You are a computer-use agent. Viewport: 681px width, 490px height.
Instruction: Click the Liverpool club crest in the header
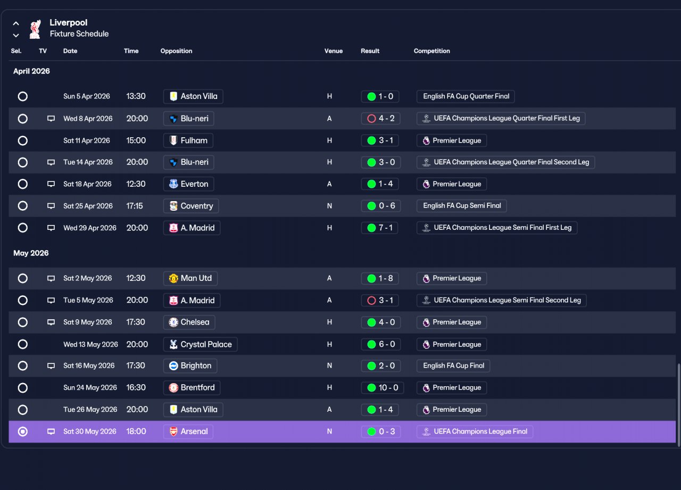[35, 29]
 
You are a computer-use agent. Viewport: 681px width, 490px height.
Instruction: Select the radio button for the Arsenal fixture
[22, 431]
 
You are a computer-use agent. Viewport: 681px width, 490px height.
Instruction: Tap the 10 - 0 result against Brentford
[383, 387]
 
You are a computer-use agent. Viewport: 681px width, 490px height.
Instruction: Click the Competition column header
[431, 51]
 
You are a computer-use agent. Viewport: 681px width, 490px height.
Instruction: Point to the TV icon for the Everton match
[51, 184]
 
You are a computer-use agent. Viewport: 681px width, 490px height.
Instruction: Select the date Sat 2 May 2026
[88, 278]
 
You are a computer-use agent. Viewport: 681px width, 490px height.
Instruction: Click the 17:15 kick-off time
[135, 206]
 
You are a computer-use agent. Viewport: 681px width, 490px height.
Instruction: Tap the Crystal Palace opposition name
[206, 344]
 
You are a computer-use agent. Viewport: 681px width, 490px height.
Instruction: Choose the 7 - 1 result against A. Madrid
[379, 228]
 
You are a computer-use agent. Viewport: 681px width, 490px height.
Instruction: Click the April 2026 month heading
[31, 71]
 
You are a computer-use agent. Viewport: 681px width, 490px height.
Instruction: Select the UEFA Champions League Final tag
[475, 431]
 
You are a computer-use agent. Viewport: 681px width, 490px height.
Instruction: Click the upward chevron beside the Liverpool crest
[16, 23]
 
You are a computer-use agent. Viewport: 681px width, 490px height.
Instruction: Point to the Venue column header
[334, 51]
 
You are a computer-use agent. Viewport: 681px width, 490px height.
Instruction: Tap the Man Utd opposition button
[190, 278]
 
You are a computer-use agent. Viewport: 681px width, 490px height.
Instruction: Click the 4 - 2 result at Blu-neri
[380, 118]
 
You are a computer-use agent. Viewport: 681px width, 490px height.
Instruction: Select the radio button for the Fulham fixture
[22, 140]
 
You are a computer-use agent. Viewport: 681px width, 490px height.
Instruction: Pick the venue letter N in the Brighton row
[329, 366]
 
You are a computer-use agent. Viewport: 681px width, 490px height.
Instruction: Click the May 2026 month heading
[31, 253]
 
